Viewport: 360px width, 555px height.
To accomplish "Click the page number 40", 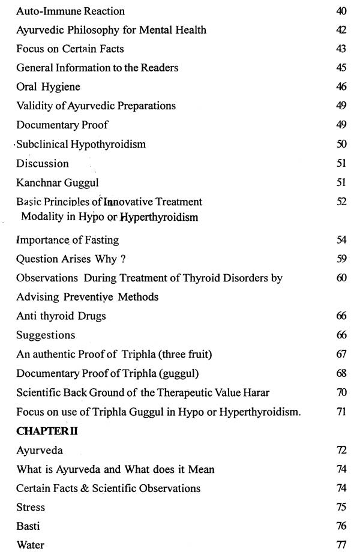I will pos(341,11).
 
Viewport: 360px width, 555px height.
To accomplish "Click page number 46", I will pos(341,87).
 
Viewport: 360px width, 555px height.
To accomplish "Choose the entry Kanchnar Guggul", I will pos(55,182).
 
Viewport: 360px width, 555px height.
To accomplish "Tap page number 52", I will pos(341,202).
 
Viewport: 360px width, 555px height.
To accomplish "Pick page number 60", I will pos(341,278).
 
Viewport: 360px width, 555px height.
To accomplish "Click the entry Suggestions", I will pos(46,335).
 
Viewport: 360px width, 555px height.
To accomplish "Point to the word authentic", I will pos(53,354).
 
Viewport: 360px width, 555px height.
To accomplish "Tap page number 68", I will pos(341,373).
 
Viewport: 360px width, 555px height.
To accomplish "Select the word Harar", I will pos(254,392).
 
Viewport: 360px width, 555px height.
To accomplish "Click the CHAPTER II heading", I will pos(47,431).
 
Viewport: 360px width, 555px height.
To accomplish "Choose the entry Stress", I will pos(31,507).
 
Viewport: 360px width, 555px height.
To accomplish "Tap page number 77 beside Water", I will pos(341,545).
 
